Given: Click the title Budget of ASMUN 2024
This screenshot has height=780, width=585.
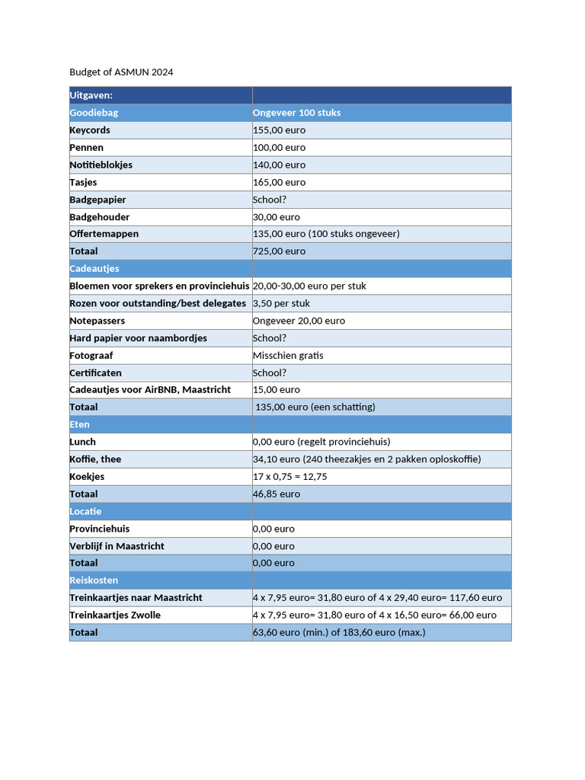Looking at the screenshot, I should (x=121, y=72).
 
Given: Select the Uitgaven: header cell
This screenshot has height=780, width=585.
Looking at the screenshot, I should (x=91, y=95).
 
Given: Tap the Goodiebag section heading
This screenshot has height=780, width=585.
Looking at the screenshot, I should (x=94, y=113).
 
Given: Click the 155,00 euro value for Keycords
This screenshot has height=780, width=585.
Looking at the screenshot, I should (x=279, y=130).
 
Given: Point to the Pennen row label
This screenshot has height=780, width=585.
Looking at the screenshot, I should (x=86, y=148).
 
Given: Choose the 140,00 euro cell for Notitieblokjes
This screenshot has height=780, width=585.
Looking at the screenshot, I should (x=279, y=165).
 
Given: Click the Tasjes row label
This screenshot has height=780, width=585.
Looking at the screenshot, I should (x=83, y=182).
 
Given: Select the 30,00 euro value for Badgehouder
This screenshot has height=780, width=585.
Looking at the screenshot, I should (x=277, y=217).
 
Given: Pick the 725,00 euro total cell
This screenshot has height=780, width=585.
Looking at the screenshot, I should (x=279, y=251).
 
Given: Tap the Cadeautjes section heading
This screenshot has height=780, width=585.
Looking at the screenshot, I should (x=94, y=269).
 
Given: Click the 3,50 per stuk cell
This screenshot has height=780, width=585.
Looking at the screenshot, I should (x=281, y=303).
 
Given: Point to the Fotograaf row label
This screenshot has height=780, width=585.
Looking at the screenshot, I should (x=91, y=356).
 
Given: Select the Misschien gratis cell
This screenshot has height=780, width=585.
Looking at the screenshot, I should (x=288, y=356).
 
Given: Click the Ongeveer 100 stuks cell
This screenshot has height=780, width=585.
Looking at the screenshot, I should (x=296, y=113).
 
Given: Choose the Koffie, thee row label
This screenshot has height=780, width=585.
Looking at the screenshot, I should (x=95, y=459).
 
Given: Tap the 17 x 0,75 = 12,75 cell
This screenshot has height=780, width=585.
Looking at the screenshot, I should (x=289, y=477).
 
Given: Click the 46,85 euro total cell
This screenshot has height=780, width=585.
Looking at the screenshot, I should (x=277, y=494).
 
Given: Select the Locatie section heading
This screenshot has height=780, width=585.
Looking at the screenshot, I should (x=85, y=512).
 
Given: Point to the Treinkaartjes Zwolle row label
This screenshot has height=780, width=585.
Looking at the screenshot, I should (x=115, y=615).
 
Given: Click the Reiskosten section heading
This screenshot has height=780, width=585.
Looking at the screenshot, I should (x=94, y=580).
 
